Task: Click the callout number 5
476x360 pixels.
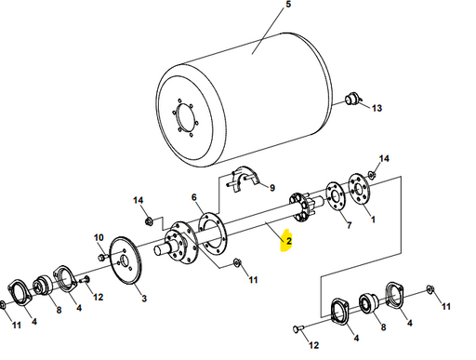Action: (287, 7)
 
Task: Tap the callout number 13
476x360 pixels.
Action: (377, 109)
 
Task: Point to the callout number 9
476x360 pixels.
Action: (272, 187)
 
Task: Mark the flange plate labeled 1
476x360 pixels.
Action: (359, 190)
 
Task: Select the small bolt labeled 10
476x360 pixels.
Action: (101, 256)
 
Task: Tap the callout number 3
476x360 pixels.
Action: (143, 298)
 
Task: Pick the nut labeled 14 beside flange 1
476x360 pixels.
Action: (372, 174)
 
